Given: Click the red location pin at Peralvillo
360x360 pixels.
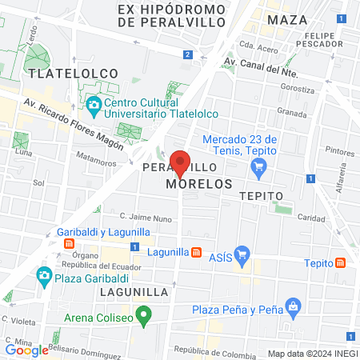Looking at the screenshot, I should (181, 162).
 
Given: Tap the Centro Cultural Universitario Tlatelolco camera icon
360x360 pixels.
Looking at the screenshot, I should (94, 104).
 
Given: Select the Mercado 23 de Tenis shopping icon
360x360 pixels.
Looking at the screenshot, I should (258, 166).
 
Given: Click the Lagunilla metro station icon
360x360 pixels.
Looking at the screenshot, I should (196, 252).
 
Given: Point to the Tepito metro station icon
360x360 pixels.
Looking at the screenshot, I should (341, 262).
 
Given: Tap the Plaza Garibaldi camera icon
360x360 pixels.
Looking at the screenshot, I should (45, 277).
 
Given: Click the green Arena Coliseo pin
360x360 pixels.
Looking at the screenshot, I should (144, 315).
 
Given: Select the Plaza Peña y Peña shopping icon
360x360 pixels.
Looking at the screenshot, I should (294, 306).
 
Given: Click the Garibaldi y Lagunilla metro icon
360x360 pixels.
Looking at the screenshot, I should (70, 243).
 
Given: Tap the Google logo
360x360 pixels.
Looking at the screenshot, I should (26, 350).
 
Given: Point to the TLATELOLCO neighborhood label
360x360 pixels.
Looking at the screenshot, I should (73, 73).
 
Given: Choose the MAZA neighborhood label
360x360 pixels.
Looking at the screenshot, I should (288, 19).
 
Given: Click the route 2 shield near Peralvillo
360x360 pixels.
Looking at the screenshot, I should (187, 54).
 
